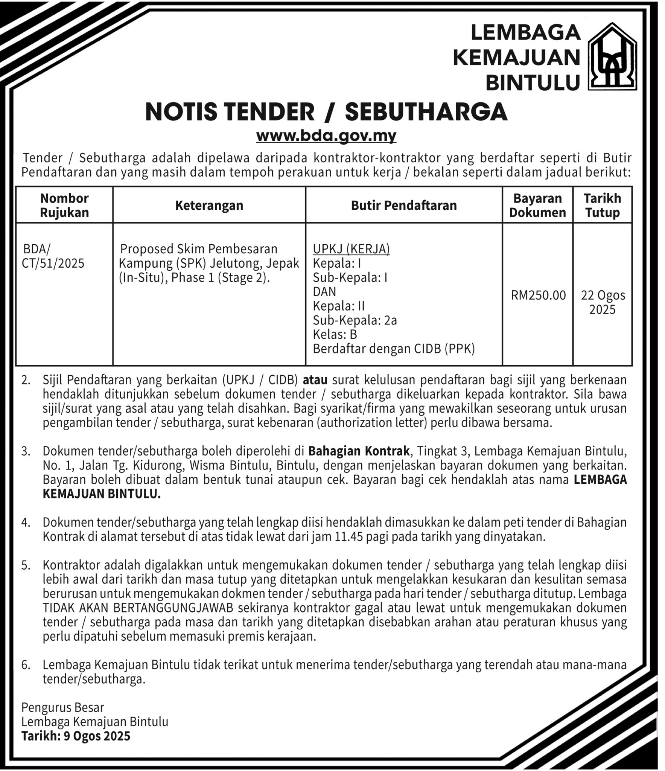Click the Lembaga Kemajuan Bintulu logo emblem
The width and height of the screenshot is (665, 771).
(x=612, y=56)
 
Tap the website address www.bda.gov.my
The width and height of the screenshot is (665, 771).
(x=326, y=136)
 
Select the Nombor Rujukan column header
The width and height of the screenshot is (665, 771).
(x=64, y=205)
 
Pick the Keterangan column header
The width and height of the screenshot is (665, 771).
(x=209, y=206)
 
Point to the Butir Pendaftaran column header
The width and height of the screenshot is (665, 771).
(x=404, y=206)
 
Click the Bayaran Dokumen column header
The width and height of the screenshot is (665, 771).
(x=537, y=205)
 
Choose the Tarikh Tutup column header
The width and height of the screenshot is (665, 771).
(x=602, y=205)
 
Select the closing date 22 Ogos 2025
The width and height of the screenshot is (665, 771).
(x=603, y=302)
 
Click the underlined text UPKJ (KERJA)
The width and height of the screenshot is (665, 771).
(x=351, y=249)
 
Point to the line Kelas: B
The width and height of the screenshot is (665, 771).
(x=335, y=334)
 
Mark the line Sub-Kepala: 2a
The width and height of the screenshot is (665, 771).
(x=355, y=320)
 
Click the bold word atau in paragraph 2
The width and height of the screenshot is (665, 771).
(x=315, y=380)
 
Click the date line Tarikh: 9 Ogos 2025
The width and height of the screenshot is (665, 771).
(x=76, y=736)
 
